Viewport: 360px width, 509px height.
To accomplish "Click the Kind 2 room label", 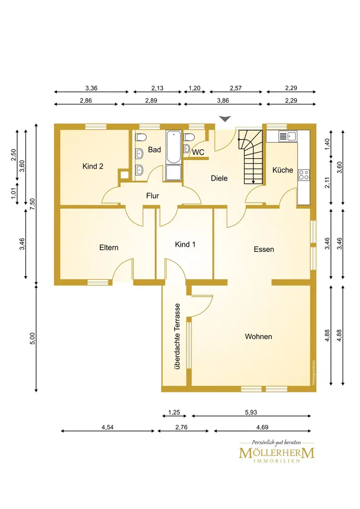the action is [93, 166].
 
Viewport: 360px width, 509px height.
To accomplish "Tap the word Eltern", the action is [109, 247].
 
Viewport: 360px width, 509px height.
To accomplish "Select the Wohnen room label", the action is [258, 336].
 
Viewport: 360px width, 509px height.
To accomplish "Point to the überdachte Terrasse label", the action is [177, 336].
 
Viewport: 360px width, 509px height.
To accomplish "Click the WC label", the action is [199, 152].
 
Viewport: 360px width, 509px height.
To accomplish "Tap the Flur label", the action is [153, 195].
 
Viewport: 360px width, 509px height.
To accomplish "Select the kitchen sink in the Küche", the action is [288, 136].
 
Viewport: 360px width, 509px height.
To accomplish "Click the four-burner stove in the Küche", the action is [304, 175].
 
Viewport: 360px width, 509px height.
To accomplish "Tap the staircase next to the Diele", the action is [251, 157].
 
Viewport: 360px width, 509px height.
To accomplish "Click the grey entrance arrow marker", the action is [225, 119].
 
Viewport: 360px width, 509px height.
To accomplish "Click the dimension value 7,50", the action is [32, 204].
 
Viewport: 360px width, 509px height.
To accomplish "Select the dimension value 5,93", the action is [251, 412].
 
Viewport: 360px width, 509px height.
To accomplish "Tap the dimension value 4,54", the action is [107, 427].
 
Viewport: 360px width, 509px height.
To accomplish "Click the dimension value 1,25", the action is [174, 412].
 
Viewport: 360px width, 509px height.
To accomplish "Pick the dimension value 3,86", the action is [223, 100].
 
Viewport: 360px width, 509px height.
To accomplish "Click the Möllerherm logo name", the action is [276, 453].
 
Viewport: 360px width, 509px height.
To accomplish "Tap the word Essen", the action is [264, 249].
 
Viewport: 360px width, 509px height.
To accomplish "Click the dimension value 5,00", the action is [32, 338].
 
